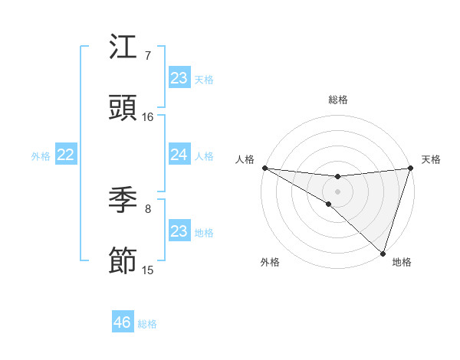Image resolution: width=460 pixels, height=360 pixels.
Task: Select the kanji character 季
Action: point(123,201)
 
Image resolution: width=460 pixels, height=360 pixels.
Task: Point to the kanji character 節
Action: point(123,262)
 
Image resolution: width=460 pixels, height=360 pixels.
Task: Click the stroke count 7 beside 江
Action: point(147,56)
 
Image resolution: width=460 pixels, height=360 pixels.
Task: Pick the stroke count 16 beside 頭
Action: point(148,117)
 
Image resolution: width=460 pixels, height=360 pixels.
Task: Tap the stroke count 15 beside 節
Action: point(148,270)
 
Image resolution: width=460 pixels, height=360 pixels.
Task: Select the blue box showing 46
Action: point(123,322)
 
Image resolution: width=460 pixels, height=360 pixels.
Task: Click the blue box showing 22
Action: point(65,155)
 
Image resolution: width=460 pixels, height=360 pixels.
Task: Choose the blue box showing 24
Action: point(179,155)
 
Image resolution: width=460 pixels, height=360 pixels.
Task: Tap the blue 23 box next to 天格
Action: point(179,78)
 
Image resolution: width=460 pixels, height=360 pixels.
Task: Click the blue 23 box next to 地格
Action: point(179,231)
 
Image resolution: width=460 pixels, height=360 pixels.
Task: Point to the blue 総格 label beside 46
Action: point(147,324)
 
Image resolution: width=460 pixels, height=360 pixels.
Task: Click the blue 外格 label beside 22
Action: point(41,156)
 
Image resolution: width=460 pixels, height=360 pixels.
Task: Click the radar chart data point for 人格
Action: point(264,168)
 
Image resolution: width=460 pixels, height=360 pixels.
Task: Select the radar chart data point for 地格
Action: point(383,254)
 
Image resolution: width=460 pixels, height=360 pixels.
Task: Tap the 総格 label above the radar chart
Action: point(338,100)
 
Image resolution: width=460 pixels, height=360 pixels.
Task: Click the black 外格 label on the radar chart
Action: point(270,263)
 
